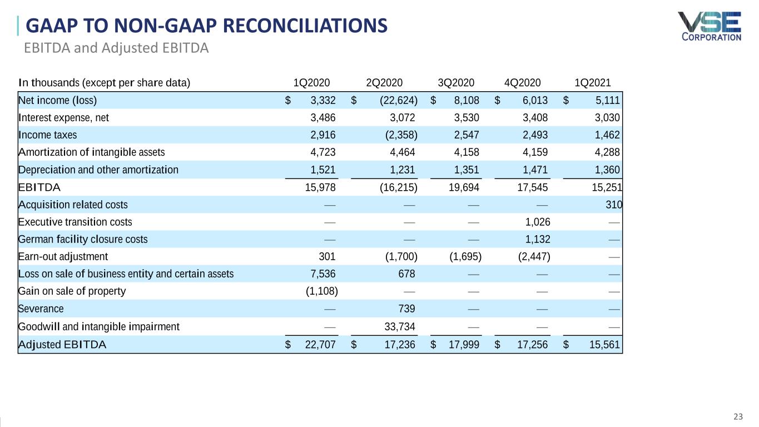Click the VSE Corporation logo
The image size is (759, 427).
coord(710,27)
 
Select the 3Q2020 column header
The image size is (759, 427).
coord(456,83)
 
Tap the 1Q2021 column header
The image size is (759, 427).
coord(592,83)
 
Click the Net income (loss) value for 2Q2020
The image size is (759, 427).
coord(399,100)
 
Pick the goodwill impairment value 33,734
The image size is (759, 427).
coord(399,327)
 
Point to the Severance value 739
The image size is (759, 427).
coord(406,309)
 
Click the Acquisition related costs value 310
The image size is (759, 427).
coord(614,205)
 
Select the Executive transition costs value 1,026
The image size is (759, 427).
coord(537,222)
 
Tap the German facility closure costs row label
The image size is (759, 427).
coord(83,239)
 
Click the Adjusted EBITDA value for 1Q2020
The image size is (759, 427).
coord(320,345)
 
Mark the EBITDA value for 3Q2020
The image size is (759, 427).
coord(464,187)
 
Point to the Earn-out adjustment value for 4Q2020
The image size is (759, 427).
coord(534,256)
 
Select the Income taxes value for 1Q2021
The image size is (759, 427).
coord(607,135)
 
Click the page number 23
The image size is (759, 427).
coord(738,416)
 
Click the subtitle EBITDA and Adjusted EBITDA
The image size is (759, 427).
coord(116,48)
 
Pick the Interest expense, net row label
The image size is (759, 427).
coord(64,118)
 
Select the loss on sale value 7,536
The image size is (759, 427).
coord(323,274)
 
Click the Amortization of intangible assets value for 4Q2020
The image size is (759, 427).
coord(535,152)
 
